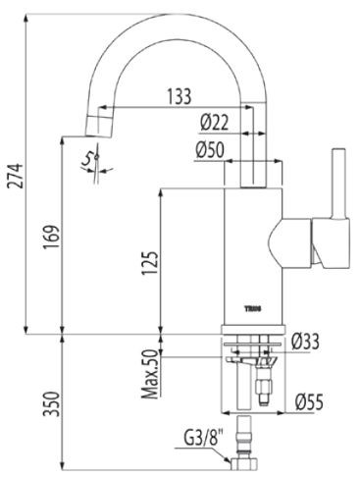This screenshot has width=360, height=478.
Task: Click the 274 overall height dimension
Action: pyautogui.click(x=13, y=178)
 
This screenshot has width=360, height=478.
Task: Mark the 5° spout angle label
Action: pyautogui.click(x=89, y=157)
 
